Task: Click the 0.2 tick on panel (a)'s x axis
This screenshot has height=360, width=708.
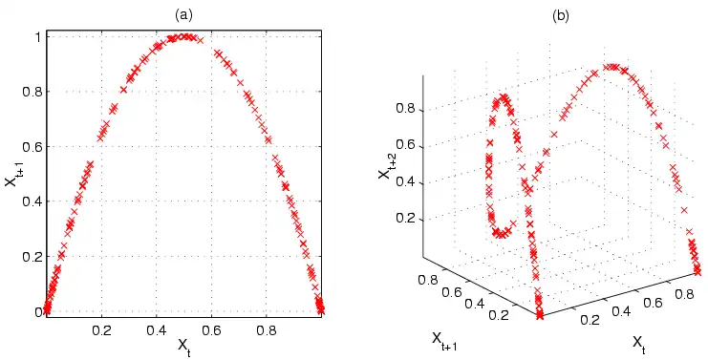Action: click(101, 327)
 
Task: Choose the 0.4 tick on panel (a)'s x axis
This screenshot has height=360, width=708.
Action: click(157, 327)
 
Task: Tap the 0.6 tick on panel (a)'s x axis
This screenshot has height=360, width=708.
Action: click(212, 327)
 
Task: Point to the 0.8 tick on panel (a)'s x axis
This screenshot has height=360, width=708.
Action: click(268, 327)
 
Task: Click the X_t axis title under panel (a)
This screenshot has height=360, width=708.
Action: click(184, 344)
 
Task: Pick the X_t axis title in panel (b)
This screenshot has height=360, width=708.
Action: click(639, 341)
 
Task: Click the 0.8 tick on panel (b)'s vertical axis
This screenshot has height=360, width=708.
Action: click(409, 109)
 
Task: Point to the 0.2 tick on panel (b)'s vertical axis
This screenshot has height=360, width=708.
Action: click(409, 219)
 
